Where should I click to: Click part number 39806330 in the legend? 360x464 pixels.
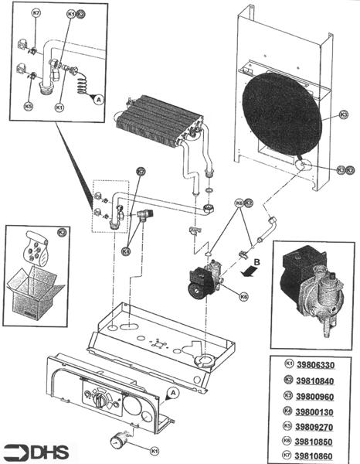click(317, 364)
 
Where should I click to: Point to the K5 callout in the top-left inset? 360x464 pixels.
click(29, 106)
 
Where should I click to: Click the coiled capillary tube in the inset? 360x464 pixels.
click(81, 80)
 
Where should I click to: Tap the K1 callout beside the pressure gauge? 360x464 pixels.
click(153, 449)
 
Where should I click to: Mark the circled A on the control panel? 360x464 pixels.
click(172, 393)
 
